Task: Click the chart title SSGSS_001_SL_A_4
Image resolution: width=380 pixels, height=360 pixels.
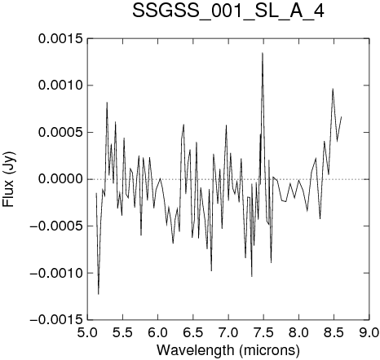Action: pyautogui.click(x=228, y=11)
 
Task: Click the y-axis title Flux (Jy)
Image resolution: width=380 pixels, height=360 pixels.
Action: pyautogui.click(x=9, y=179)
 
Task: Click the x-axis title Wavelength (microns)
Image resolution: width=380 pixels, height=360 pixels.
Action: pyautogui.click(x=228, y=350)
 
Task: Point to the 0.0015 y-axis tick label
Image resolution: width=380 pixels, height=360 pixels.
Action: pyautogui.click(x=60, y=39)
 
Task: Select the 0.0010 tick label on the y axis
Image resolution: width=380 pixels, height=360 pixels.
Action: pyautogui.click(x=60, y=86)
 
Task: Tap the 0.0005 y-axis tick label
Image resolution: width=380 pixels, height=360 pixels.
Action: pyautogui.click(x=60, y=133)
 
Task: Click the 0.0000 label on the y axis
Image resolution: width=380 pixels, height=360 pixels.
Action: pyautogui.click(x=60, y=179)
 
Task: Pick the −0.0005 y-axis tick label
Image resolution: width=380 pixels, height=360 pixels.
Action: pyautogui.click(x=56, y=226)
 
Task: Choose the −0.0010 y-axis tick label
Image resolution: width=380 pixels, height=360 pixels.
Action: pyautogui.click(x=56, y=273)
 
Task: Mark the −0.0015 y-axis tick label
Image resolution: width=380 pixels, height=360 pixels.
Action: pyautogui.click(x=56, y=320)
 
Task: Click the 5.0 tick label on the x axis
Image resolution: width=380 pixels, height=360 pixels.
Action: pyautogui.click(x=87, y=332)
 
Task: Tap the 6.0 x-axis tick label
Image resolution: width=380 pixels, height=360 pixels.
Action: pyautogui.click(x=158, y=332)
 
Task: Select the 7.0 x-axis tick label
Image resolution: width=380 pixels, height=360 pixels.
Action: pyautogui.click(x=228, y=332)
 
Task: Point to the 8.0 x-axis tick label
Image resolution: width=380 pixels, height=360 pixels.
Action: pyautogui.click(x=298, y=332)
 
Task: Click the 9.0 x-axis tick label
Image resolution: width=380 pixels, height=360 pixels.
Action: pyautogui.click(x=369, y=332)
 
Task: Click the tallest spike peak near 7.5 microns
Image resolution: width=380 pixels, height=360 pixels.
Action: pyautogui.click(x=263, y=53)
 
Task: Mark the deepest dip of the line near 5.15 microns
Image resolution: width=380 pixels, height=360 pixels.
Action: pyautogui.click(x=99, y=294)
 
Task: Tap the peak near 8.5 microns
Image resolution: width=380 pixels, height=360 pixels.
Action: pyautogui.click(x=333, y=89)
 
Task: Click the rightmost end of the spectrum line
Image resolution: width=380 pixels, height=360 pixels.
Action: pyautogui.click(x=341, y=116)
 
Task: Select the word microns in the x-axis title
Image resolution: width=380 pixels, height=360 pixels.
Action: pyautogui.click(x=270, y=350)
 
